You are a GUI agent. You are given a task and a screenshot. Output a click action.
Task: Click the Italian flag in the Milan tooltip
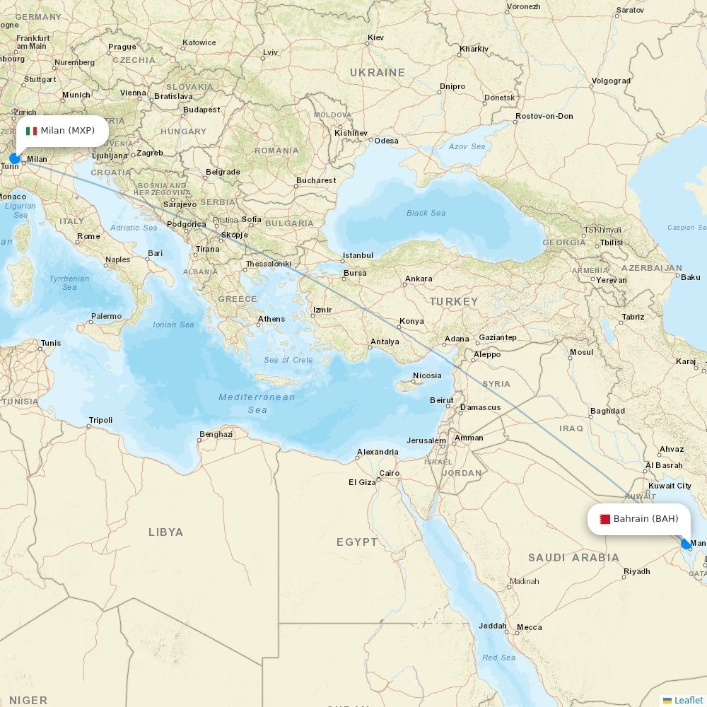(x=31, y=131)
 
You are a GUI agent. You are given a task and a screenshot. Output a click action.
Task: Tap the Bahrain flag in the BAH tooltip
(x=604, y=519)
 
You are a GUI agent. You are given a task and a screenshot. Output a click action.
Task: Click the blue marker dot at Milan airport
(x=14, y=158)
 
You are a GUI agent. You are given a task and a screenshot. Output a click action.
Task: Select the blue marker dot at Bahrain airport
(x=685, y=544)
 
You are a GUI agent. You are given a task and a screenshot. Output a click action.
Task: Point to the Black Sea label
(x=426, y=213)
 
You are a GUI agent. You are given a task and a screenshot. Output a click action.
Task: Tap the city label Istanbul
(x=358, y=255)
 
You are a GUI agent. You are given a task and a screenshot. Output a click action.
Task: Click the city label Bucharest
(x=316, y=180)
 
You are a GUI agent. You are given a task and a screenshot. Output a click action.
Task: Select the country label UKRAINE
(x=378, y=72)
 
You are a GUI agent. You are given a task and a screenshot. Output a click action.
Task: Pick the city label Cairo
(x=390, y=473)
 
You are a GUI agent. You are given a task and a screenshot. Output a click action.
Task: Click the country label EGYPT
(x=357, y=542)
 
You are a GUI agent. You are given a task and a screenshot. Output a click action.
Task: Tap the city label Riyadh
(x=636, y=571)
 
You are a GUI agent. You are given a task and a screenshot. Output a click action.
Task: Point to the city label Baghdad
(x=607, y=411)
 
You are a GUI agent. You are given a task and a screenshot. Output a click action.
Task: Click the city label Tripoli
(x=100, y=420)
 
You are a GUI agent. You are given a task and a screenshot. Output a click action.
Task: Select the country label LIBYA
(x=165, y=532)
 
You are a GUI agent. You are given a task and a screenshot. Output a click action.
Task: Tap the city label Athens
(x=271, y=319)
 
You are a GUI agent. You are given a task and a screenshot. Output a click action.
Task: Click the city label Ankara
(x=419, y=279)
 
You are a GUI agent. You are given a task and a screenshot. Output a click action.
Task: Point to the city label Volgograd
(x=611, y=81)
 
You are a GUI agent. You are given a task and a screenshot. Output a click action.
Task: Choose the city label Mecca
(x=529, y=627)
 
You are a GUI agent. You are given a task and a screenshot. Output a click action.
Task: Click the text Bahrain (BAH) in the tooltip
(x=645, y=519)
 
